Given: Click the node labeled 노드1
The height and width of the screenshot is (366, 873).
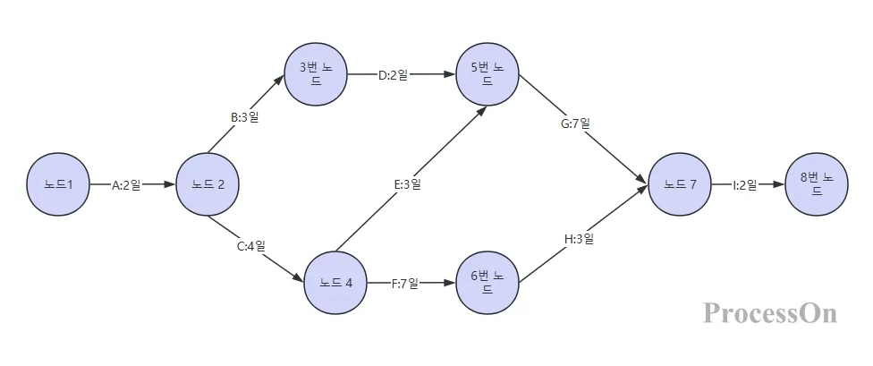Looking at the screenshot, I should tap(58, 184).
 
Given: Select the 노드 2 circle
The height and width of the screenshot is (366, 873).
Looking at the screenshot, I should tap(208, 184).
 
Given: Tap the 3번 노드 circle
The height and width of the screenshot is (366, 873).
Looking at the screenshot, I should tap(316, 73).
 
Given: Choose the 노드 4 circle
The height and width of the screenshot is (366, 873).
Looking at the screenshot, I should tap(335, 283).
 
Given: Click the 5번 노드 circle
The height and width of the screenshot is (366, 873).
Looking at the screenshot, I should tap(487, 73).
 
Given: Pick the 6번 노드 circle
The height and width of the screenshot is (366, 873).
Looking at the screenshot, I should tap(487, 283).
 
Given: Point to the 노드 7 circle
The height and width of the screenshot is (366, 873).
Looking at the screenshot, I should tap(679, 184).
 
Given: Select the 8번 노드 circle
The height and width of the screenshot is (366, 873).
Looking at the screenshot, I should tap(817, 184).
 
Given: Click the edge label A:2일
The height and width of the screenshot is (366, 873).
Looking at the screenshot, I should tap(126, 185).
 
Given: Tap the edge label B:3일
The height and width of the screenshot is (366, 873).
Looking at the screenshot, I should tap(244, 117).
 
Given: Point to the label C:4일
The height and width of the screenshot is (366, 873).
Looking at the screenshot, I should tap(250, 245).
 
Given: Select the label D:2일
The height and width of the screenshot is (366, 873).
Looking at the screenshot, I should tap(393, 75).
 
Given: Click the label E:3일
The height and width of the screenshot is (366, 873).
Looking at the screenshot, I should tap(407, 184).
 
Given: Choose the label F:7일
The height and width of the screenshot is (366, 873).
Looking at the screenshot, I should tap(405, 284).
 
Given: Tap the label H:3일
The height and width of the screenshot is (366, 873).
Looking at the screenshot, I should tap(579, 239).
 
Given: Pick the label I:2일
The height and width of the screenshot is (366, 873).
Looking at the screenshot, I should tap(744, 185).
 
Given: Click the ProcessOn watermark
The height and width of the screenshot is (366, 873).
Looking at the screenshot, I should tap(770, 312).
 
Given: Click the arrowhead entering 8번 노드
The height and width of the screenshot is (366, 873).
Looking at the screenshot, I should tap(780, 184).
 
